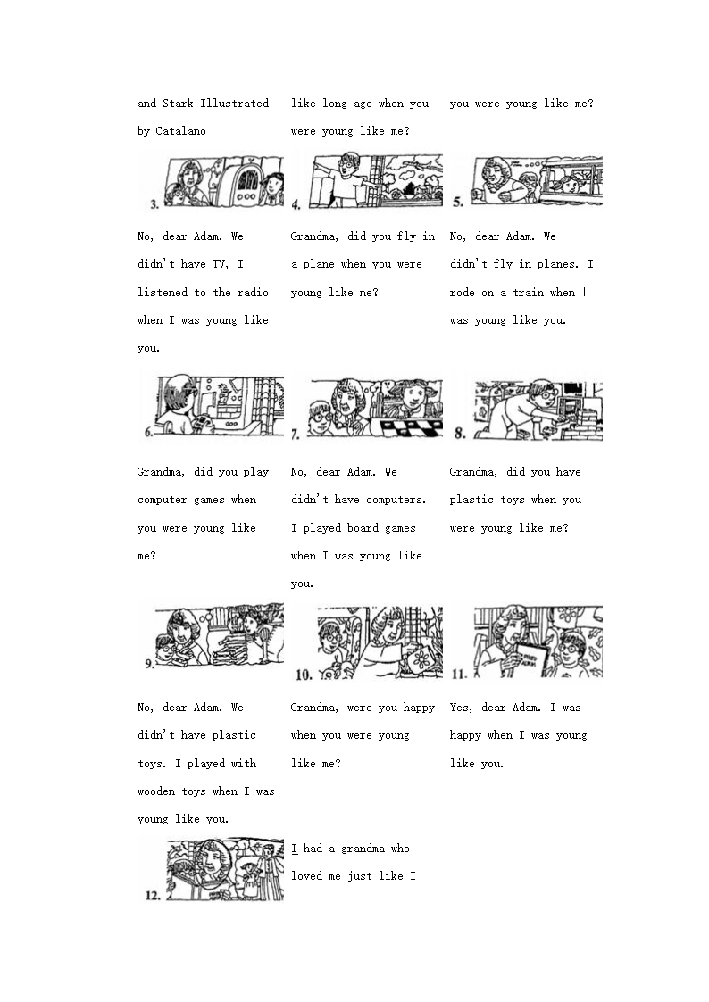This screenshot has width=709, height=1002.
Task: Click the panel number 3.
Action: [x=154, y=203]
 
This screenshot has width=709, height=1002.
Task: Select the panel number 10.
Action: [x=304, y=675]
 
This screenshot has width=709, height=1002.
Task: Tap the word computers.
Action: [x=396, y=500]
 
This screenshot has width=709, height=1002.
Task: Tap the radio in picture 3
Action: [x=239, y=182]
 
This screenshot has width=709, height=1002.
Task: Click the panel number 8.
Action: [x=459, y=435]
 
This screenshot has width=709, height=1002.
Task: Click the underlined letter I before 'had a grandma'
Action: [x=295, y=849]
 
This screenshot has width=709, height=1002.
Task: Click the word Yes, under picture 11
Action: [x=462, y=708]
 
